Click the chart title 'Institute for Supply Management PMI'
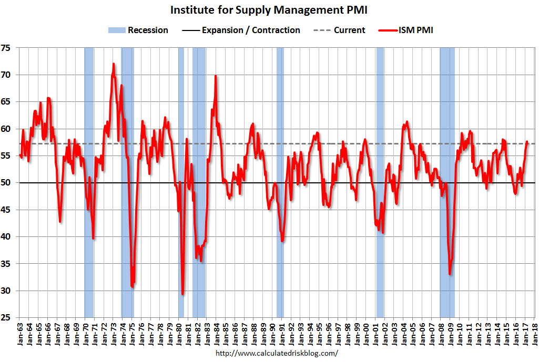pos(269,9)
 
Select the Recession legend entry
pos(138,30)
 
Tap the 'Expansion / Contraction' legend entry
pos(241,30)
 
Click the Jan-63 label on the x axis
pos(19,333)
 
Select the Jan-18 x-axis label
pos(535,333)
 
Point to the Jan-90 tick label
pos(272,333)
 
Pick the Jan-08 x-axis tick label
pos(441,333)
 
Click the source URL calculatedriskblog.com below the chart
pos(277,353)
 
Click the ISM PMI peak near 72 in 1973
pos(113,64)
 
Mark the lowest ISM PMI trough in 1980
pos(182,294)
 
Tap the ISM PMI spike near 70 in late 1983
pos(215,77)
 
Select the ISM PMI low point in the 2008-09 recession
pos(450,273)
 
